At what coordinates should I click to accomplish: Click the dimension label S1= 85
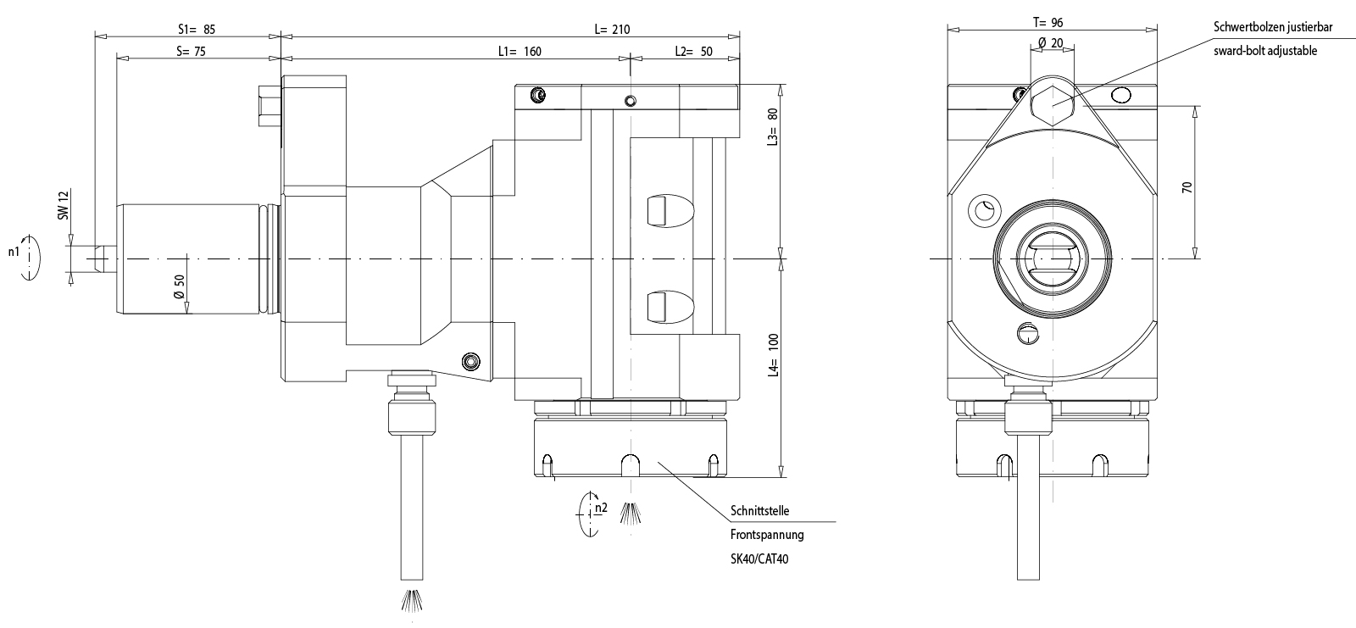click(197, 29)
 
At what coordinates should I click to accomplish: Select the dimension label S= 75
click(191, 51)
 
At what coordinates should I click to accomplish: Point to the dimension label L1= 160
click(519, 51)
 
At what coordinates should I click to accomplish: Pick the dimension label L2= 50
click(693, 51)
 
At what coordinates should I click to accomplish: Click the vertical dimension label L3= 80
click(772, 127)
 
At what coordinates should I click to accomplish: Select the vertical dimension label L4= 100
click(772, 354)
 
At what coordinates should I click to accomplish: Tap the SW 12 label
click(63, 204)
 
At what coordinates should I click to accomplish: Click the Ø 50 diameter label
click(179, 286)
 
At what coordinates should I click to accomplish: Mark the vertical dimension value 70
click(1187, 187)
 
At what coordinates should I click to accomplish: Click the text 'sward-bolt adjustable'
click(1264, 51)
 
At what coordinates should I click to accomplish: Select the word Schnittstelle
click(759, 512)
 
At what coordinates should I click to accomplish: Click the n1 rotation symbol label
click(14, 252)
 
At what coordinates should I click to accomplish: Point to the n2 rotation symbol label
click(601, 508)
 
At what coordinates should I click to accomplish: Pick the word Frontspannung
click(766, 535)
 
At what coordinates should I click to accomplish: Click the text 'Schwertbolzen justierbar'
click(1272, 28)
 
